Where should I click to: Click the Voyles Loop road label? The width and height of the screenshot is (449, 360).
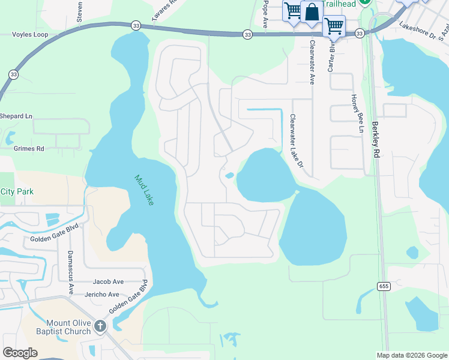click(x=30, y=35)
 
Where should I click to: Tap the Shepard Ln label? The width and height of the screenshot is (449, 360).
click(x=16, y=116)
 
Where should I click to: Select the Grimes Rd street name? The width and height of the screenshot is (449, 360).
click(x=29, y=148)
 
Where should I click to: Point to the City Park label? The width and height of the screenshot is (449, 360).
click(x=17, y=191)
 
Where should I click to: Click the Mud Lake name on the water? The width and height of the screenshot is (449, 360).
click(x=143, y=190)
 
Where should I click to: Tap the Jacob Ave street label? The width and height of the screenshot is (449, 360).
click(x=108, y=281)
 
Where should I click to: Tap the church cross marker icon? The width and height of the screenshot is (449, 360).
click(x=100, y=326)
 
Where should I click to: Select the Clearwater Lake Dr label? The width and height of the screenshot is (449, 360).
click(x=297, y=140)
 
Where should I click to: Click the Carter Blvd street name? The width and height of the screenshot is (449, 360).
click(x=330, y=57)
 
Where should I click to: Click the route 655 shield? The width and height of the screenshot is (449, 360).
click(x=384, y=286)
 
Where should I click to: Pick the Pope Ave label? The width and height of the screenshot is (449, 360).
click(x=265, y=14)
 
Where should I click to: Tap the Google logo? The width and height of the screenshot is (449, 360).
click(x=20, y=353)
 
